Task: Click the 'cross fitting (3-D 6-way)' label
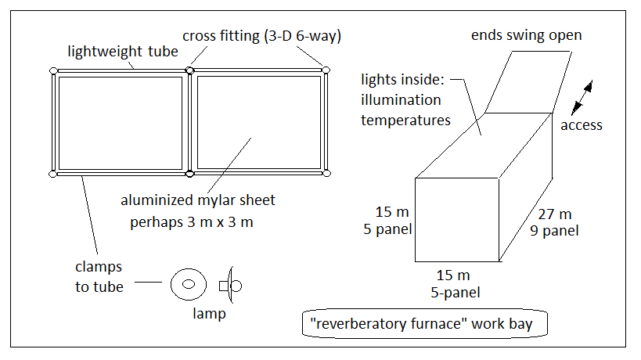(x=261, y=36)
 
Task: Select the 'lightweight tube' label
(x=123, y=52)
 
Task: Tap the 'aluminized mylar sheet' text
(x=198, y=200)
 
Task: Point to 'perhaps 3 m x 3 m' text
(x=192, y=222)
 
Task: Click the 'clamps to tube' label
(x=99, y=276)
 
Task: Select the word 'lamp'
(x=209, y=313)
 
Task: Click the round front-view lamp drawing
(x=189, y=284)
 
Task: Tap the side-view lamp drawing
(x=231, y=285)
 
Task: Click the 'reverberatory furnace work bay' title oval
(x=425, y=324)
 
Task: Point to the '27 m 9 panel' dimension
(x=554, y=222)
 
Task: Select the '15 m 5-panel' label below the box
(x=455, y=283)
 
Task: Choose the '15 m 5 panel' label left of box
(x=388, y=220)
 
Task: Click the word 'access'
(x=582, y=125)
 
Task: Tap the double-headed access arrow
(x=582, y=98)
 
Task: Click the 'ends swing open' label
(x=527, y=35)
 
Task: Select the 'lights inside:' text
(x=402, y=79)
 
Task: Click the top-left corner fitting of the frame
(x=53, y=70)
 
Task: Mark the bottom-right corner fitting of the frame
(x=326, y=173)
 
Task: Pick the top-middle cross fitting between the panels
(x=189, y=70)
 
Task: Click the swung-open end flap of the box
(x=528, y=82)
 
